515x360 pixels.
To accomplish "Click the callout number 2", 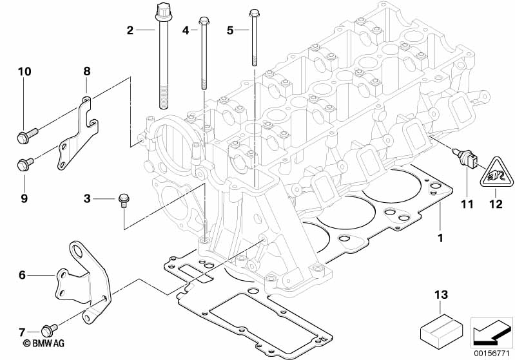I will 130,30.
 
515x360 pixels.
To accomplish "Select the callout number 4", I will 185,30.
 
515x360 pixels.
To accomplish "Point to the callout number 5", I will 230,30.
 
